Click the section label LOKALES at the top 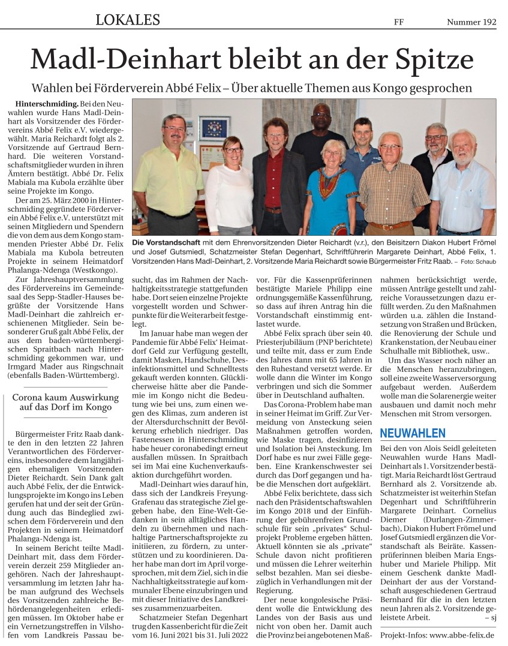128,20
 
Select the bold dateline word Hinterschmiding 43,104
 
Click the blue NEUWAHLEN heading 413,432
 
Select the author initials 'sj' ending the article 492,617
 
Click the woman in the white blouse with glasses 229,186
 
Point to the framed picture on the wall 214,128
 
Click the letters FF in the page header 398,22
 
